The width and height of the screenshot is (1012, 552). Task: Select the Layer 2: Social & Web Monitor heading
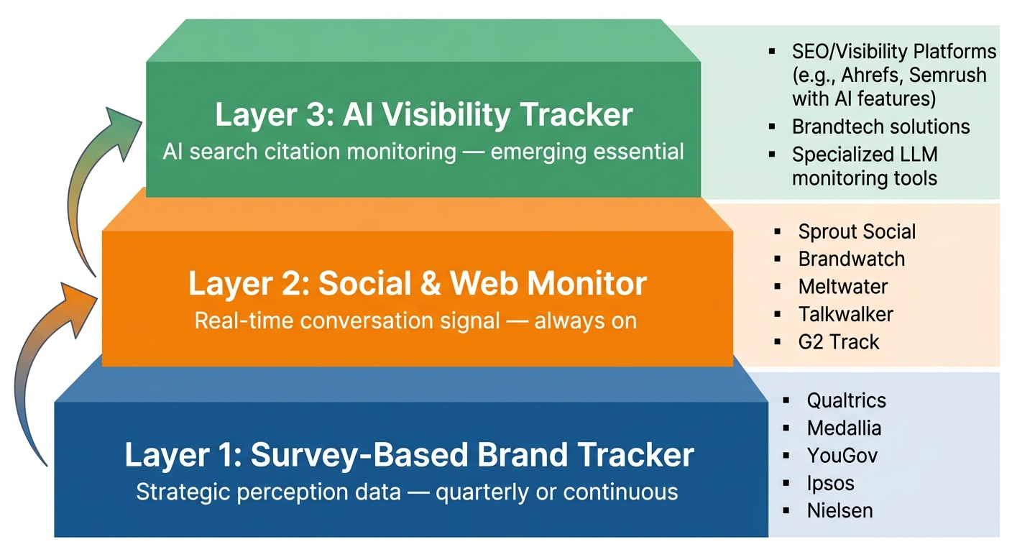tap(418, 284)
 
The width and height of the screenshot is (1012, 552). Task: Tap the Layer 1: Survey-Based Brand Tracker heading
tap(409, 455)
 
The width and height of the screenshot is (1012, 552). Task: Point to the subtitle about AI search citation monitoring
tap(423, 152)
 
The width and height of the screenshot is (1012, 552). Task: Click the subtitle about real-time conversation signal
tap(415, 320)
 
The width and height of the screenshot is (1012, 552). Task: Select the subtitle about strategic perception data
tap(407, 492)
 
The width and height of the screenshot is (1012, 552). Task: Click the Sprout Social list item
tap(857, 231)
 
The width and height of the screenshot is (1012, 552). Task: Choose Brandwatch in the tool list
tap(851, 259)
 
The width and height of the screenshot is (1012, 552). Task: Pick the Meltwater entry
tap(842, 286)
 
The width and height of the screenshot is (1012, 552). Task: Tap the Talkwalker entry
tap(845, 314)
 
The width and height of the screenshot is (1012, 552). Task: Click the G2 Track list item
tap(838, 341)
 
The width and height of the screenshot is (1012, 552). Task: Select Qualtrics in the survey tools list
tap(846, 400)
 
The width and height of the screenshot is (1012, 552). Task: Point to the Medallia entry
tap(844, 428)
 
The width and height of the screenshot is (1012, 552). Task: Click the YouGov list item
tap(842, 456)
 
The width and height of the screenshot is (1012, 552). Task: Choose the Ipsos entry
tap(830, 483)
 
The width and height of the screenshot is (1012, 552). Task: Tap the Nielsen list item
tap(839, 510)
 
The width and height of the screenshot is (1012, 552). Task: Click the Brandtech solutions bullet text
tap(880, 127)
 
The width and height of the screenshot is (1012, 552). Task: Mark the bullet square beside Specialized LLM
tap(772, 155)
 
